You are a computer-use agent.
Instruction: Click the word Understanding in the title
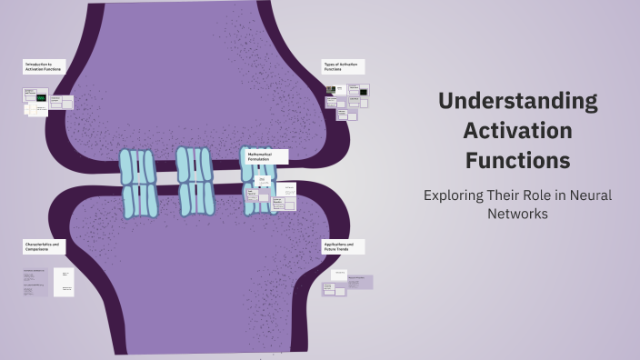pos(517,100)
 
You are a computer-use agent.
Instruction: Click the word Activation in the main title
pos(517,130)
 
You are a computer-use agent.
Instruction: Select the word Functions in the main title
pos(517,161)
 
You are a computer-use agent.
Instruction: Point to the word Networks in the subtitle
pos(517,215)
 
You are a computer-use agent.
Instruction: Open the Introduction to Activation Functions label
pos(44,66)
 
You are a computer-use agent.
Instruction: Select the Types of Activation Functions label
pos(343,66)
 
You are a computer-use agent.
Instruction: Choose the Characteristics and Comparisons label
pos(44,246)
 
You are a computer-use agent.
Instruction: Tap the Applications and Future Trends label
pos(343,246)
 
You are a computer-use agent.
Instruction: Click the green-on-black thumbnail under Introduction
pos(41,97)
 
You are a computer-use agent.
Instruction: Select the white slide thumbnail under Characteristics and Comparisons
pos(63,282)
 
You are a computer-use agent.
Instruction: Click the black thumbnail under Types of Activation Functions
pos(363,92)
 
